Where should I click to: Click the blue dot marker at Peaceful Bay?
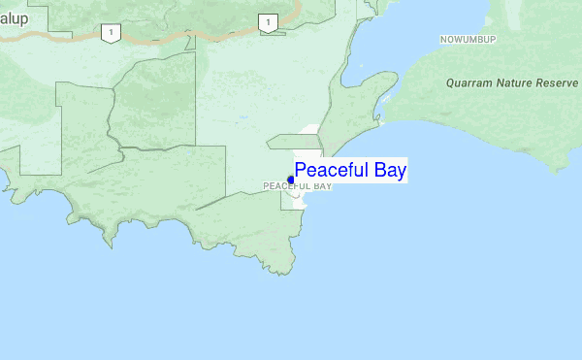coord(291,180)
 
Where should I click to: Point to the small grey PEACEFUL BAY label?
coord(298,185)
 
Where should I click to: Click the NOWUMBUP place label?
coord(468,40)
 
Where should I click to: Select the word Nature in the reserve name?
coord(521,83)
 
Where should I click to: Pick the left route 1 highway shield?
coord(112,33)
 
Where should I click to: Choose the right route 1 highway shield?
coord(267,22)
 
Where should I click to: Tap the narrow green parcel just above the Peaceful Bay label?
coord(294,142)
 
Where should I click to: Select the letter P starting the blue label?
coord(301,171)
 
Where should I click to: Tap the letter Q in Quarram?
coord(451,83)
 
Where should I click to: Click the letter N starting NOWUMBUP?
coord(442,40)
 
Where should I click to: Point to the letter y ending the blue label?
coord(402,173)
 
